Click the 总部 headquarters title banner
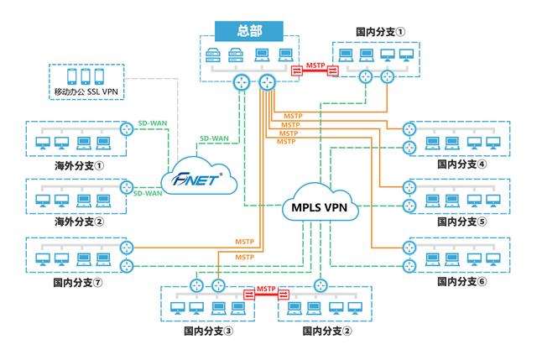coord(250,31)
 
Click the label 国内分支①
coord(380,33)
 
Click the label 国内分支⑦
coord(77,282)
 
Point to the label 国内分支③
coord(208,331)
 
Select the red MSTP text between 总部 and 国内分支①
coord(315,64)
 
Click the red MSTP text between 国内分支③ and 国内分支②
coord(266,289)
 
